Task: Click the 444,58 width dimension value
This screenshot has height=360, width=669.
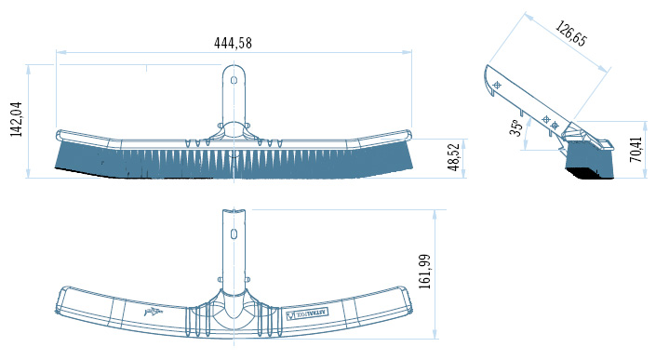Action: click(233, 42)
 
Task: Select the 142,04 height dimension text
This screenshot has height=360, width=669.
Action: click(16, 119)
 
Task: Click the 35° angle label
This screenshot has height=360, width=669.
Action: click(515, 127)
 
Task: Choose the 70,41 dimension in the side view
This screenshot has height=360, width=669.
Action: click(636, 150)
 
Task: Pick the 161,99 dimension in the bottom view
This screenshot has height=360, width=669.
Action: click(425, 271)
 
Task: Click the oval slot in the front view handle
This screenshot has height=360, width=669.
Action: click(234, 81)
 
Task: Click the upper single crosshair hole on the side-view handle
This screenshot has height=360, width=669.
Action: click(497, 85)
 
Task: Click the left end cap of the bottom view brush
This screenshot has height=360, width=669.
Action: click(60, 299)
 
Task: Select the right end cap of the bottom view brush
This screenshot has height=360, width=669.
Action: click(407, 299)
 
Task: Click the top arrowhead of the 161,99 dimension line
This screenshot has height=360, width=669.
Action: click(435, 211)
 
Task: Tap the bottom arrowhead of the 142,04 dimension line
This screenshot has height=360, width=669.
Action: click(29, 174)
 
